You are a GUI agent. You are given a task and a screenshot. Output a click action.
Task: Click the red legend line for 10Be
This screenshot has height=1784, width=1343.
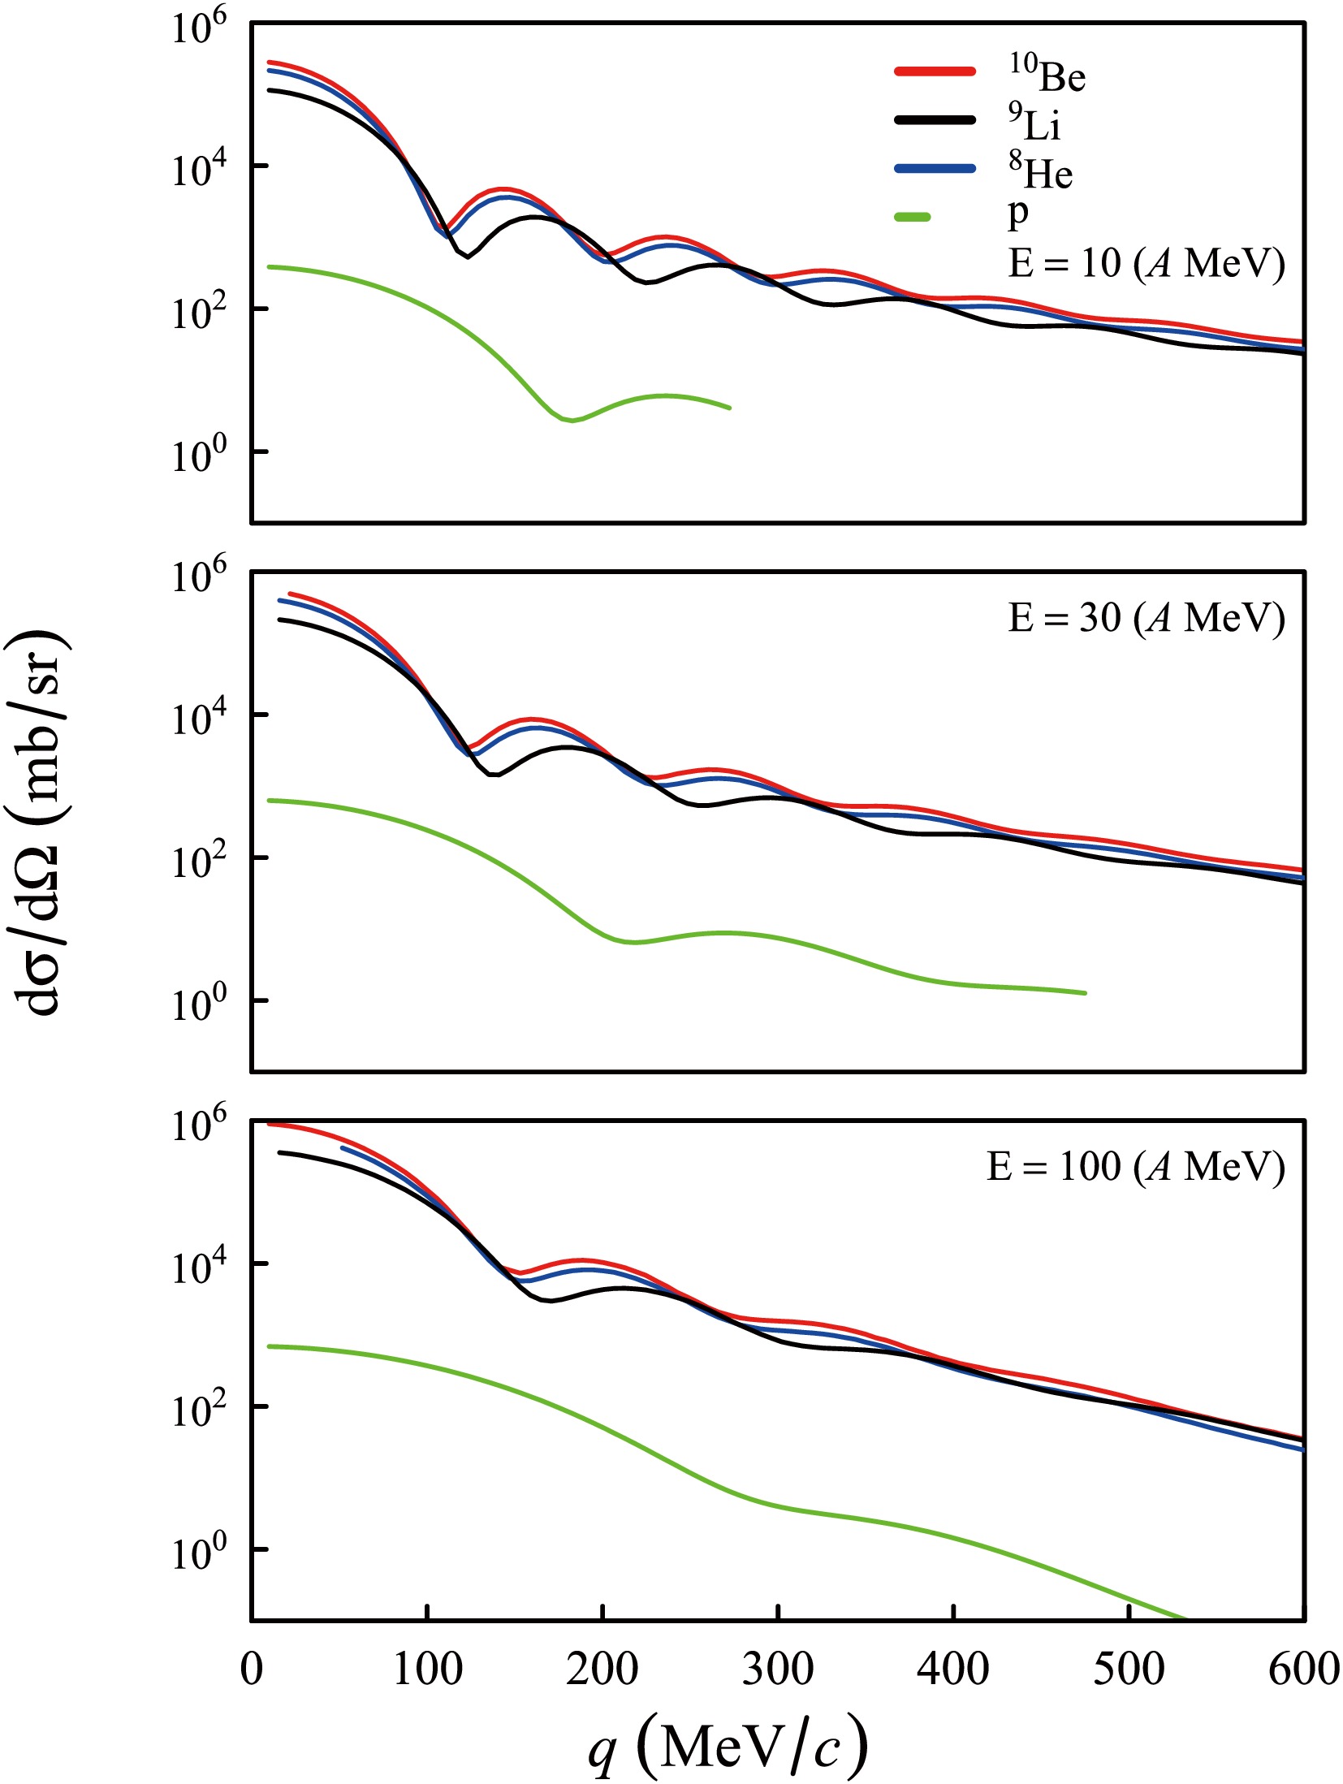935,71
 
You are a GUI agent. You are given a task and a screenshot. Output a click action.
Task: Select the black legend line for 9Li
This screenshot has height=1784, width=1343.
935,120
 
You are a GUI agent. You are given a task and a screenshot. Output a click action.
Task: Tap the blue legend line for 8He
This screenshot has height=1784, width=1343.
935,169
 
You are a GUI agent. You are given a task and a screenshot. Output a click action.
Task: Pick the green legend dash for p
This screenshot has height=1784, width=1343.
913,217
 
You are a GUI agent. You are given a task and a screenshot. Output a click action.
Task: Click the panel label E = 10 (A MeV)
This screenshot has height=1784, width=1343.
1146,264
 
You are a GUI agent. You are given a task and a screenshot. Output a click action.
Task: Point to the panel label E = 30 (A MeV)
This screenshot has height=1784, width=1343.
1146,619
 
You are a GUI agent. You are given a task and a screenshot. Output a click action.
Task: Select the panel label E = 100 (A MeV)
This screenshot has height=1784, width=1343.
1135,1168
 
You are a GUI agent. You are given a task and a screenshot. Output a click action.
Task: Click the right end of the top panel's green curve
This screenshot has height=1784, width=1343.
729,408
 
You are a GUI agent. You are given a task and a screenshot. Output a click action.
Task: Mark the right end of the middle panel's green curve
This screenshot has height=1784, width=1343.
1085,992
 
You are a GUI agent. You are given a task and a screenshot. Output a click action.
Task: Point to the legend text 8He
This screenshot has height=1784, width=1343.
1041,171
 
